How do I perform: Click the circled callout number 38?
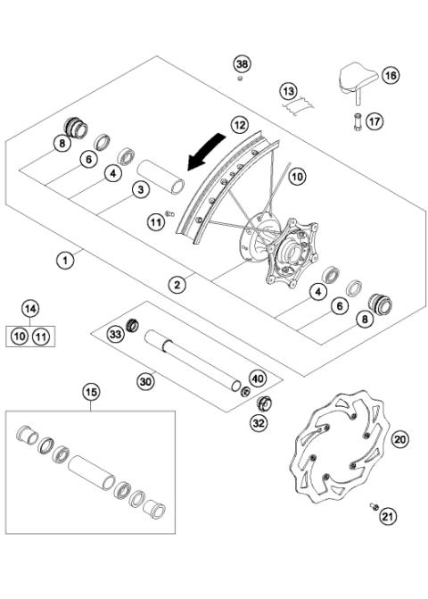[242, 62]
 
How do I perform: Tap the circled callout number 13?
[287, 92]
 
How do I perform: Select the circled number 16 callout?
[391, 77]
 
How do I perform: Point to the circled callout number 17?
[374, 120]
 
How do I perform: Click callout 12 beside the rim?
[238, 125]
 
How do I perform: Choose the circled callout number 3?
[140, 188]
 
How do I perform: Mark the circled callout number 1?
[63, 261]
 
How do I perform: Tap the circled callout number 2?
[178, 285]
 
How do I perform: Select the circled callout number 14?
[31, 309]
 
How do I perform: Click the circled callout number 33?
[115, 333]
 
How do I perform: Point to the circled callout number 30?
[145, 381]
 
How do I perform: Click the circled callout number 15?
[90, 391]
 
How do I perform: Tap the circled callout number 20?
[399, 439]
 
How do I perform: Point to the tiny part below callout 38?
[240, 79]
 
